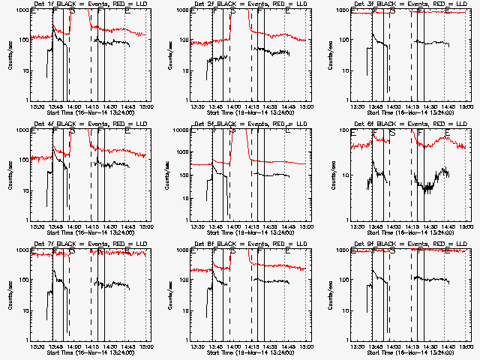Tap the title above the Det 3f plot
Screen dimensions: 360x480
(x=409, y=5)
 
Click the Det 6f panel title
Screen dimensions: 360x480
(x=409, y=124)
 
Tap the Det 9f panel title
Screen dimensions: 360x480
(x=409, y=244)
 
